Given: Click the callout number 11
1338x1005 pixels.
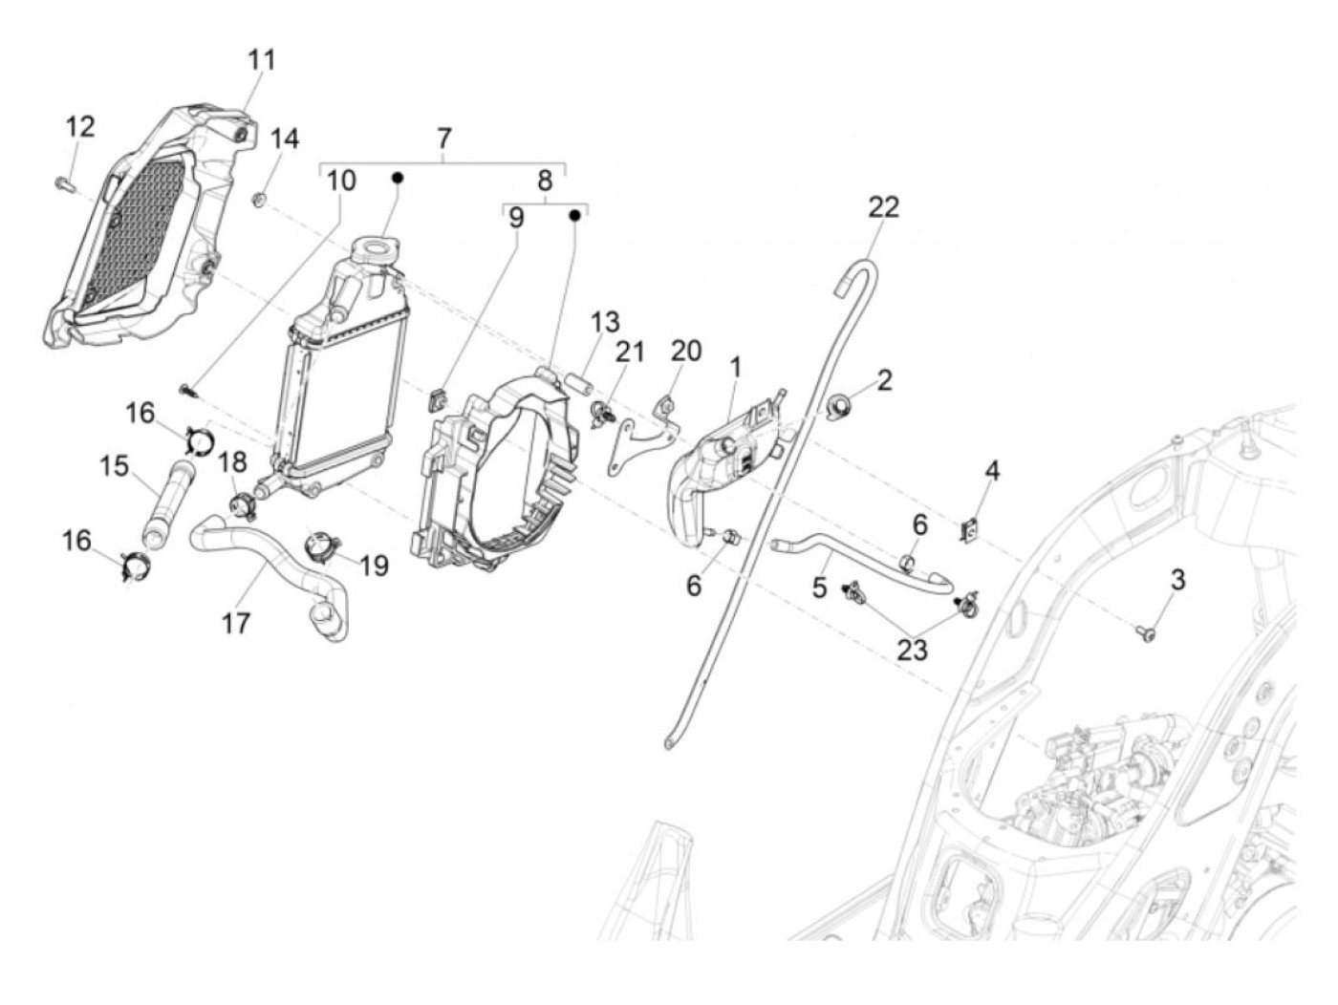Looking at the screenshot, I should click(x=261, y=60).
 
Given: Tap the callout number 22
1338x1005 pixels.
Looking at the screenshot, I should click(x=884, y=207).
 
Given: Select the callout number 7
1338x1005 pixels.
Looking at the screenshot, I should click(x=443, y=139).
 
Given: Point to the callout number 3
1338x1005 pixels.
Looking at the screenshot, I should click(x=1177, y=580).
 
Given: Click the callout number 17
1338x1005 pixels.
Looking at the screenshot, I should click(x=235, y=624).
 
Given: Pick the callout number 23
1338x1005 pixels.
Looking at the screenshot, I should click(x=912, y=650).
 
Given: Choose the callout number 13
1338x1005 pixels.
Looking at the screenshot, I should click(x=604, y=323).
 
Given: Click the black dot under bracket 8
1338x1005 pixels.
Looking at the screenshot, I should click(x=575, y=216).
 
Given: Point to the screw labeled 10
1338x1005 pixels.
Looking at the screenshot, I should click(x=187, y=389).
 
